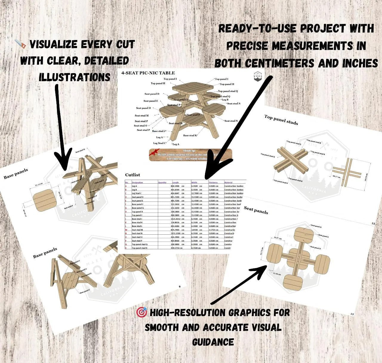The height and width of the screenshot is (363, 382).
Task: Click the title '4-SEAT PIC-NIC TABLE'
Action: [x=148, y=73]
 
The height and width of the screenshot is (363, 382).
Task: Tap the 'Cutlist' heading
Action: [x=133, y=175]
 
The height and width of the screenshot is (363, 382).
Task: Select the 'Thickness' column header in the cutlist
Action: [x=213, y=182]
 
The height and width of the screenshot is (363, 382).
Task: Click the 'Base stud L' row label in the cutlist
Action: [x=137, y=226]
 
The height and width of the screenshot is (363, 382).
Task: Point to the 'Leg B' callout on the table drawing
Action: [x=225, y=100]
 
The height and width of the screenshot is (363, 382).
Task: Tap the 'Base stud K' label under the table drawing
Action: [x=190, y=136]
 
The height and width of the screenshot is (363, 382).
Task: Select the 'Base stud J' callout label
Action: [x=159, y=131]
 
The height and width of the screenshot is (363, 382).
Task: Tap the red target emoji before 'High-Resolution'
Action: [x=141, y=313]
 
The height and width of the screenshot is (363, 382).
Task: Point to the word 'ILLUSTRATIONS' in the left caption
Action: [x=75, y=77]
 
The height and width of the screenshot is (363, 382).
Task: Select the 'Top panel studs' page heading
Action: [x=281, y=119]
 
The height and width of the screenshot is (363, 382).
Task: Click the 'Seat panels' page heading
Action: [x=256, y=210]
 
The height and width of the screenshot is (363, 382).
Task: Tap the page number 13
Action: [x=352, y=314]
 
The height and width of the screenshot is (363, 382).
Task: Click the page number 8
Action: [x=179, y=287]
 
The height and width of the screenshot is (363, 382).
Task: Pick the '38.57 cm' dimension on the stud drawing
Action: [x=337, y=176]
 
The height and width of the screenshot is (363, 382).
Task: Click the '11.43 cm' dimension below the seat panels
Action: [x=277, y=273]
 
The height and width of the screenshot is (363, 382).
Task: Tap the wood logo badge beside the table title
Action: [x=257, y=76]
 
